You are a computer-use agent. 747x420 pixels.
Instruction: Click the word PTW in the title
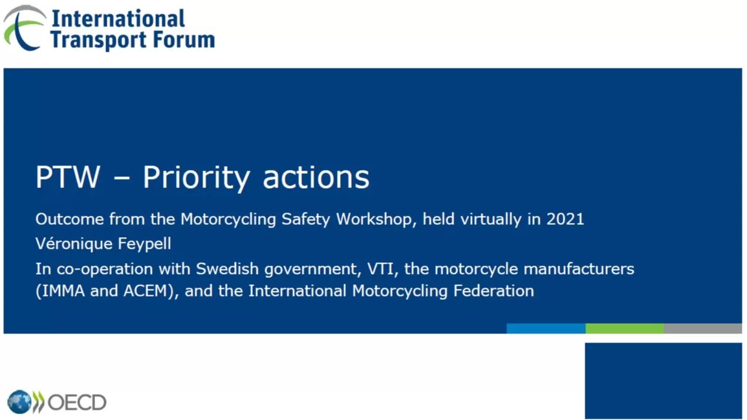(68, 177)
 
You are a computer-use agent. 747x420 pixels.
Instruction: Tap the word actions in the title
(316, 178)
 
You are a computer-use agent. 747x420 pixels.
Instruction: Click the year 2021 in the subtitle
(565, 219)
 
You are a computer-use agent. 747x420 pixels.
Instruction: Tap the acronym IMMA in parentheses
(61, 291)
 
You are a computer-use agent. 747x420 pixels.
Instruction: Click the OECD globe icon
(19, 402)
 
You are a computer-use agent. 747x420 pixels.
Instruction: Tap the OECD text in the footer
(77, 403)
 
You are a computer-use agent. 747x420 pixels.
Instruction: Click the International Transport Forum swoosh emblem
(24, 28)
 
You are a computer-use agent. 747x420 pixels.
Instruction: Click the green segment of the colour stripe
(625, 328)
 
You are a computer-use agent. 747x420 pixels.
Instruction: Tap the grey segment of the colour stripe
(702, 328)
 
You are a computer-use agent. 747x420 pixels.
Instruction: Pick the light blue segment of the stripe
(546, 328)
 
